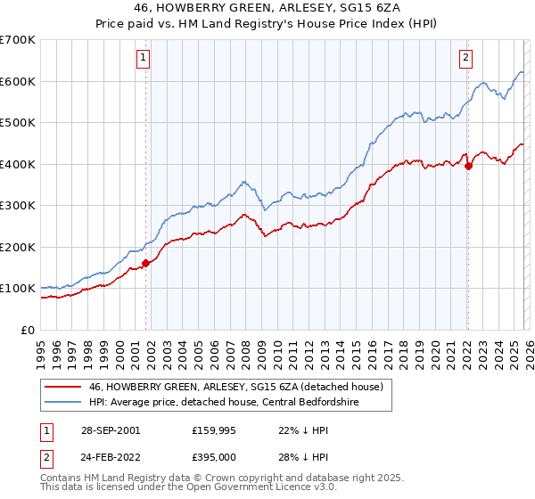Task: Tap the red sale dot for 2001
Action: click(x=146, y=263)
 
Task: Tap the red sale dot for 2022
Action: click(x=468, y=165)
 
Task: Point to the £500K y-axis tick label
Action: click(x=18, y=123)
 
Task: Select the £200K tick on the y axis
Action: click(x=18, y=247)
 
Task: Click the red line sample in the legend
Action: click(x=62, y=387)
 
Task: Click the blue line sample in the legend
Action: click(x=62, y=404)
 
